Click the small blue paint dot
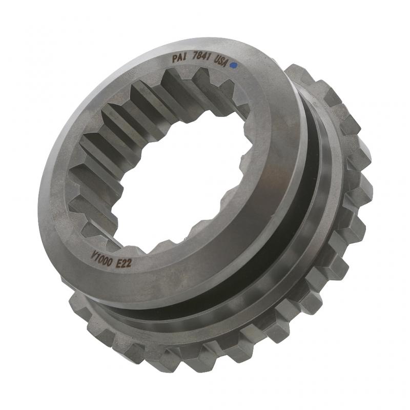tap(234, 66)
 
